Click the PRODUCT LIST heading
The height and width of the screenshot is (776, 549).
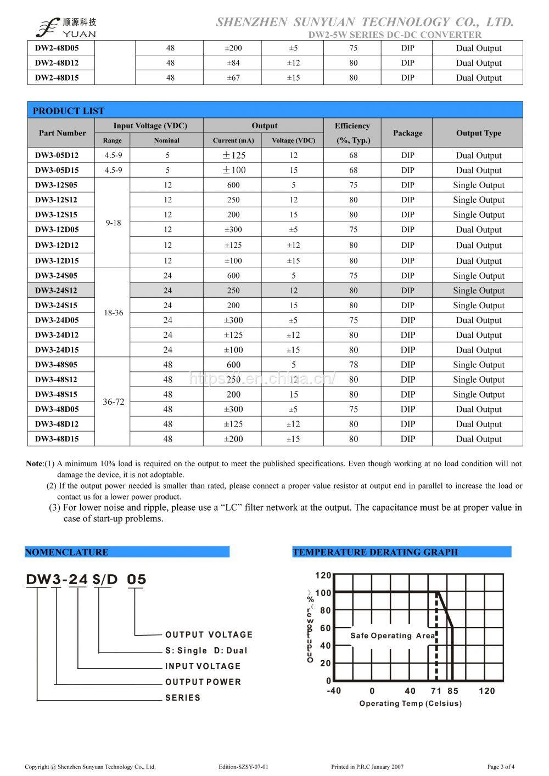point(69,111)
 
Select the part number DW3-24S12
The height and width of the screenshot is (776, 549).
point(57,291)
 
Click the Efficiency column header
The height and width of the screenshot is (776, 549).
point(352,133)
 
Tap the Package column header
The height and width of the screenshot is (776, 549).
point(407,133)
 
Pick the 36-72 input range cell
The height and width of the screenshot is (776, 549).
point(114,402)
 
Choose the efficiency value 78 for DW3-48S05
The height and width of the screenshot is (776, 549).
point(353,365)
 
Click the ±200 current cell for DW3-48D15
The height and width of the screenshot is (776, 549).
point(233,439)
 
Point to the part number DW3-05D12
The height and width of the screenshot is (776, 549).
point(57,155)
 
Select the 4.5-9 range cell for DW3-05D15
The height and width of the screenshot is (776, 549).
point(113,170)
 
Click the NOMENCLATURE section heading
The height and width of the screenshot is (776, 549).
point(66,552)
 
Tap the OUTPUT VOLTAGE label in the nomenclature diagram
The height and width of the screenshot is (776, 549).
point(209,635)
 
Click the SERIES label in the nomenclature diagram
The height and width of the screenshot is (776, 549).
point(182,698)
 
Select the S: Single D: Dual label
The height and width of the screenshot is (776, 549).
point(206,650)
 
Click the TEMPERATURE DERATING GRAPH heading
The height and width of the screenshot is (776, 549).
point(375,552)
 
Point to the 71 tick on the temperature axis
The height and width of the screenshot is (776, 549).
point(436,691)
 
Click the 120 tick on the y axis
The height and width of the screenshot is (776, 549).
point(323,575)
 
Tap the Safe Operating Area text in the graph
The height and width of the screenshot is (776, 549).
point(393,636)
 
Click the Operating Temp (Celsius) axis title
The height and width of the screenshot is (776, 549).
point(410,704)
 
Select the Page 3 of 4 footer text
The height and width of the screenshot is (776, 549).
point(501,767)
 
